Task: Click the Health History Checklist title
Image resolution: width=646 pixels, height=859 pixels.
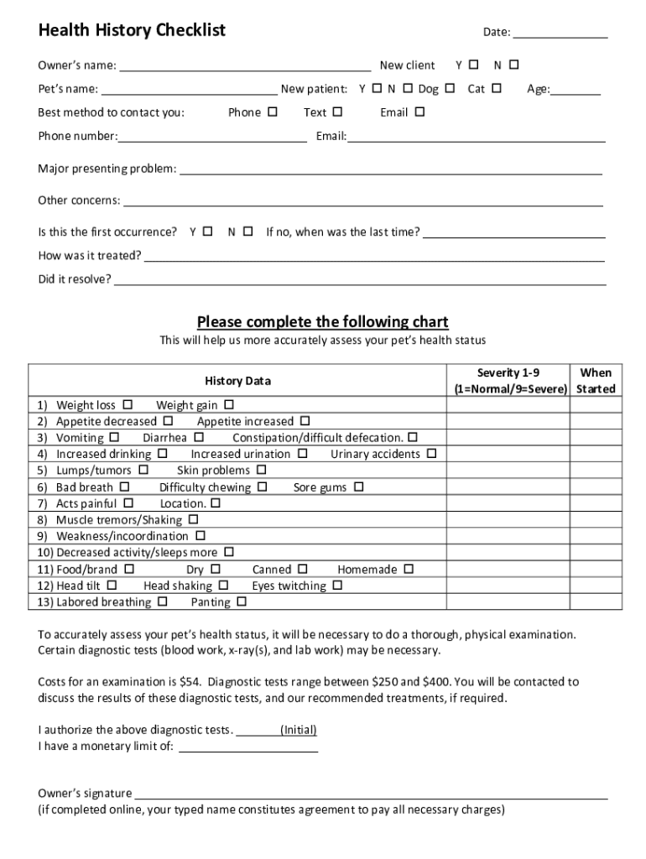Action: coord(132,31)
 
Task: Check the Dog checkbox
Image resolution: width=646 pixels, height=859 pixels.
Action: coord(450,88)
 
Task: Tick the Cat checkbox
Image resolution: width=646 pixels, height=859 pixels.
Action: coord(497,88)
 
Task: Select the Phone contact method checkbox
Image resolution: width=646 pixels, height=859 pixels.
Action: coord(272,112)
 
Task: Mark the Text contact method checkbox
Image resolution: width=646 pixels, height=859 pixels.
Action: coord(337,112)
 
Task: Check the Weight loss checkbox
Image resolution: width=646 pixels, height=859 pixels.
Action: coord(128,404)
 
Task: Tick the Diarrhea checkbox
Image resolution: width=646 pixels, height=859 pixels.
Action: coord(199,437)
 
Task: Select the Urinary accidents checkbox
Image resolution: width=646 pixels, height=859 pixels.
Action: coord(431,454)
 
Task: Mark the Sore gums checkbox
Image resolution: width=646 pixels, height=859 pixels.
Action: coord(358,487)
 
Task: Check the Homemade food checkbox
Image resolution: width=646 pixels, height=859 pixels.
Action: coord(409,569)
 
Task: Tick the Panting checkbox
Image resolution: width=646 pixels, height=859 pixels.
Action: coord(242,601)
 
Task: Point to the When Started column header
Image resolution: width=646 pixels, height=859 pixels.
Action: coord(596,381)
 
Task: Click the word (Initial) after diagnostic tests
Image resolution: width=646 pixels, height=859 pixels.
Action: coord(299,730)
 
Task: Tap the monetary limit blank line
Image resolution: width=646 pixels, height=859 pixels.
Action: coord(248,749)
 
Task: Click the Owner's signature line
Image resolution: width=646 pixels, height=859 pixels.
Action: coord(372,796)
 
